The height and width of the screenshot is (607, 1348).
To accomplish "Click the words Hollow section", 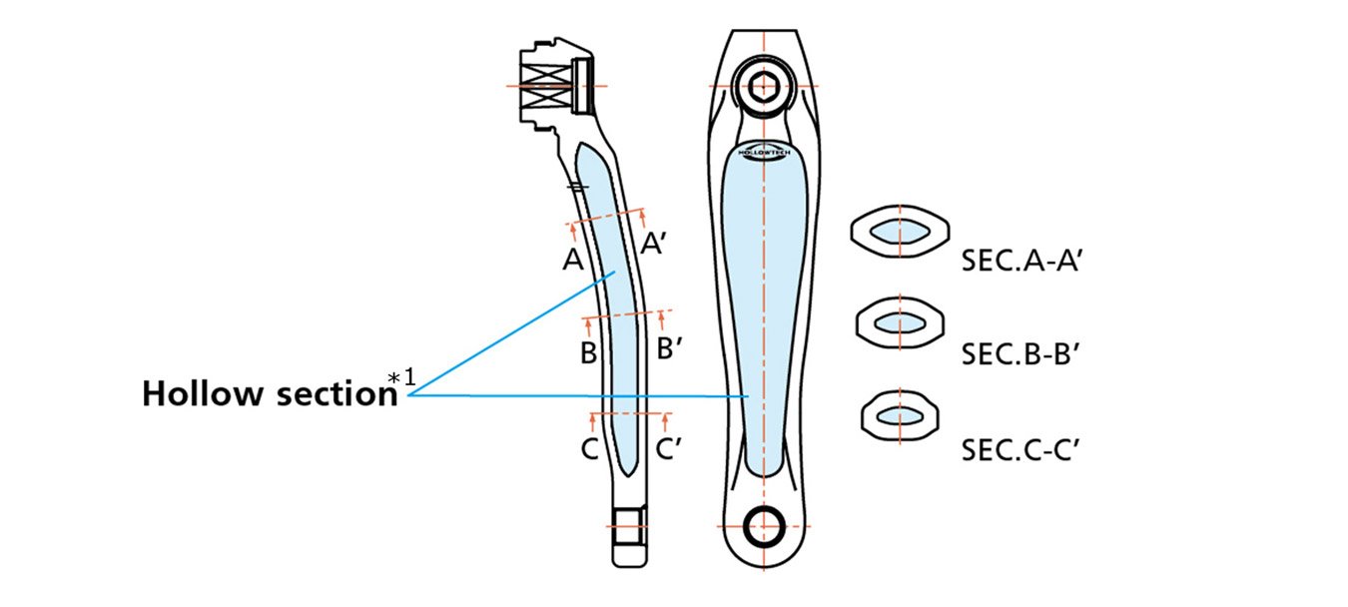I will (x=270, y=393).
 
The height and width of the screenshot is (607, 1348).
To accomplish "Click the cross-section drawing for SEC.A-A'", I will (x=899, y=233).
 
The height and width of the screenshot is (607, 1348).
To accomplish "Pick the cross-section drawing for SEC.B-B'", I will (x=900, y=322).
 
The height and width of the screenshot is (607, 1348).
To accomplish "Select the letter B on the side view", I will (x=588, y=352).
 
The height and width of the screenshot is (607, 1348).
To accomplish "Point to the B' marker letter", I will (x=670, y=349).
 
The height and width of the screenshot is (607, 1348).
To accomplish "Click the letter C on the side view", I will (x=589, y=449).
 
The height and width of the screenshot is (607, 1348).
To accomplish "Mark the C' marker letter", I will (x=669, y=449).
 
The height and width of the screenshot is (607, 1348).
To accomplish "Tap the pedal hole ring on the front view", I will (x=764, y=523).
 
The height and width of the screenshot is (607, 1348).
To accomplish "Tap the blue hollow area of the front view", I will (x=764, y=300).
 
